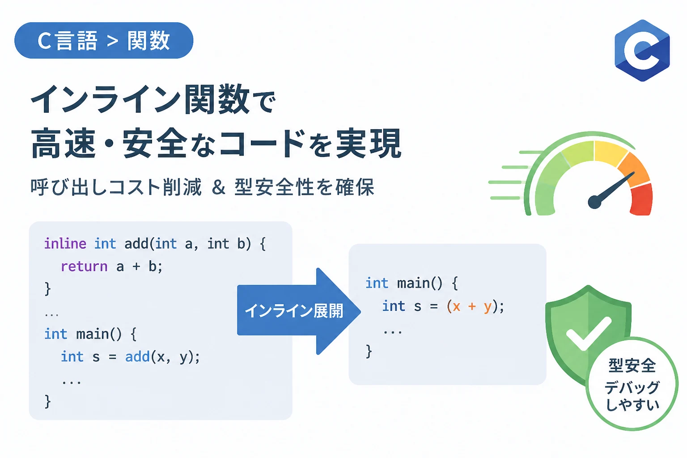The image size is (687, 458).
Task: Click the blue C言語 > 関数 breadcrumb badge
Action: [104, 40]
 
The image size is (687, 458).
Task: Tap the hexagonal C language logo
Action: [642, 51]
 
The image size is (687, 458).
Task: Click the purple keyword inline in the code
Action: [65, 244]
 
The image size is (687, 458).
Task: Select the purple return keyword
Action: [84, 266]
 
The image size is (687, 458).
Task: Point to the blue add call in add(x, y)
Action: [137, 356]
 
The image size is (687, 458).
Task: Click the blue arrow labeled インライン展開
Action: [299, 311]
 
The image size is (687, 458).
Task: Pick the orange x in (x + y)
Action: [456, 307]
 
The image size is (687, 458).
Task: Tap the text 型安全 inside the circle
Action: [632, 365]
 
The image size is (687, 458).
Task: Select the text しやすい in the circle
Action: [632, 404]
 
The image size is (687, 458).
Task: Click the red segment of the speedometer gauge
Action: [641, 199]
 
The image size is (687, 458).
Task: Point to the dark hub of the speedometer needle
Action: [595, 202]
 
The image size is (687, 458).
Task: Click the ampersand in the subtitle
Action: [218, 187]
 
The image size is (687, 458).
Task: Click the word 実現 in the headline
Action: [369, 143]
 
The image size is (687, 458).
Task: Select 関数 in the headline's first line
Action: [217, 99]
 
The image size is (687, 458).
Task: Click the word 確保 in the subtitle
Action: [355, 187]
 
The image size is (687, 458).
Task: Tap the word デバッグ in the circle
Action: [632, 387]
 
